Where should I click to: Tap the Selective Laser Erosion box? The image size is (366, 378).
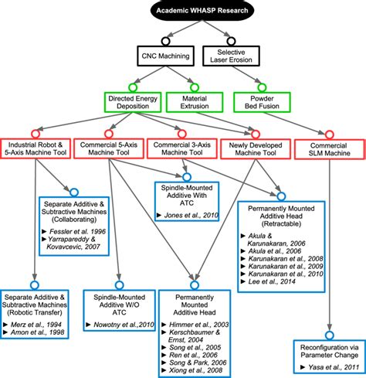point(232,56)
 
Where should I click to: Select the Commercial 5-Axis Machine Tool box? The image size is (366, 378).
point(108,149)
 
